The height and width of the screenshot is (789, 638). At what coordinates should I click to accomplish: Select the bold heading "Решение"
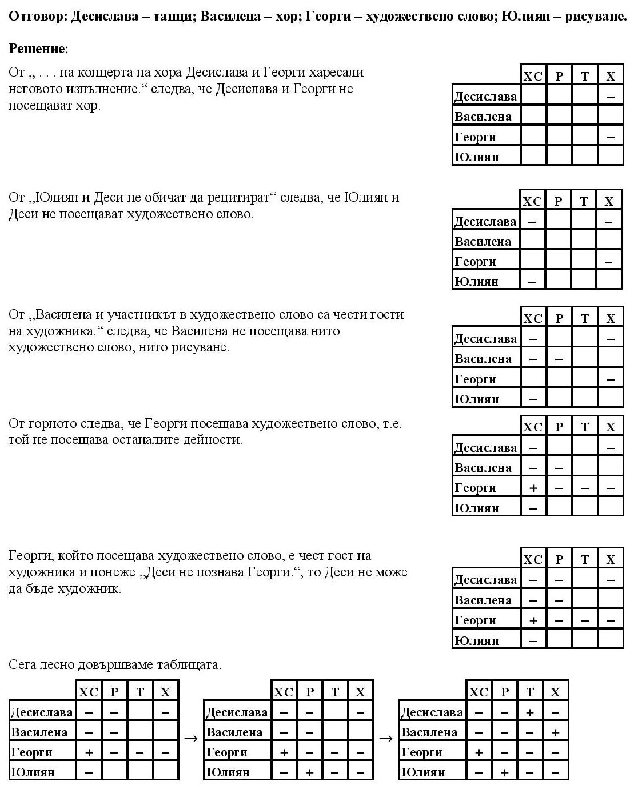click(x=37, y=49)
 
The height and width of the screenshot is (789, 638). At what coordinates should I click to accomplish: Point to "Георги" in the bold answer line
click(x=328, y=16)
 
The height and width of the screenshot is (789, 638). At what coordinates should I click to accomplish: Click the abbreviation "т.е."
click(x=392, y=424)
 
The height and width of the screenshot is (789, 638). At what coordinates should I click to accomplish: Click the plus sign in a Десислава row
click(x=530, y=712)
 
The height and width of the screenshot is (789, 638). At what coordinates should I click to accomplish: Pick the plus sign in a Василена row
click(x=555, y=732)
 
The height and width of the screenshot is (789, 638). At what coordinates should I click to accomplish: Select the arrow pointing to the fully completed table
click(x=386, y=738)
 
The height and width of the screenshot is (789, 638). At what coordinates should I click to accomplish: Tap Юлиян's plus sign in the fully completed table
click(x=505, y=772)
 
